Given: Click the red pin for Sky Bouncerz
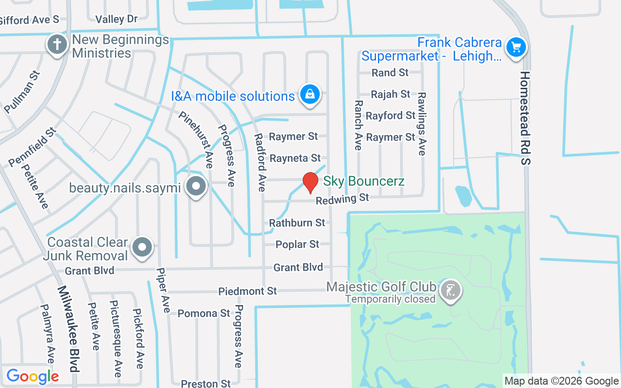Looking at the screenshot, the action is pyautogui.click(x=310, y=182).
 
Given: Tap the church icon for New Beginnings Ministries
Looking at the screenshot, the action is pyautogui.click(x=57, y=45).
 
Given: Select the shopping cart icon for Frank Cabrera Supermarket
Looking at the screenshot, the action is pyautogui.click(x=516, y=48).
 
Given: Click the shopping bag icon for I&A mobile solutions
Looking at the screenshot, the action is pyautogui.click(x=309, y=95).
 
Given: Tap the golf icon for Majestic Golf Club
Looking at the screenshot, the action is pyautogui.click(x=451, y=291).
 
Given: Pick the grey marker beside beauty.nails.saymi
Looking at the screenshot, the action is pyautogui.click(x=196, y=186).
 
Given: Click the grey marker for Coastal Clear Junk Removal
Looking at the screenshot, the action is pyautogui.click(x=142, y=247).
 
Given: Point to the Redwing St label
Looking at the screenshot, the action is pyautogui.click(x=342, y=199).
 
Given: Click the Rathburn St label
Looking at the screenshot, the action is pyautogui.click(x=297, y=223).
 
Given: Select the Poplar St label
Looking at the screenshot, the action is pyautogui.click(x=297, y=244).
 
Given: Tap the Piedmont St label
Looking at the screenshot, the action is pyautogui.click(x=247, y=291).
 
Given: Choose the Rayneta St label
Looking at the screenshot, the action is pyautogui.click(x=295, y=158).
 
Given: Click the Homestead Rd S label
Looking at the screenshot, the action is pyautogui.click(x=525, y=117).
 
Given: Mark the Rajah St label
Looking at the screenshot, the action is pyautogui.click(x=390, y=94).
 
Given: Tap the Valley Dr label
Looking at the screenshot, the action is pyautogui.click(x=116, y=19).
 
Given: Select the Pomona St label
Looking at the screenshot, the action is pyautogui.click(x=204, y=313).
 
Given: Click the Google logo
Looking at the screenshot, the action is pyautogui.click(x=33, y=376).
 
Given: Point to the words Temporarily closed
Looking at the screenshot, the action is pyautogui.click(x=390, y=299).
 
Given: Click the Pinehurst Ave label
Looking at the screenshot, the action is pyautogui.click(x=196, y=140).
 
